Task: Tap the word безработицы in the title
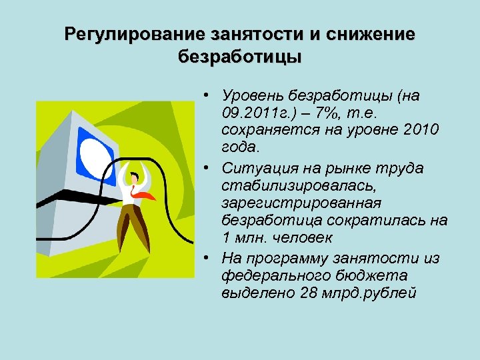point(240,56)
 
